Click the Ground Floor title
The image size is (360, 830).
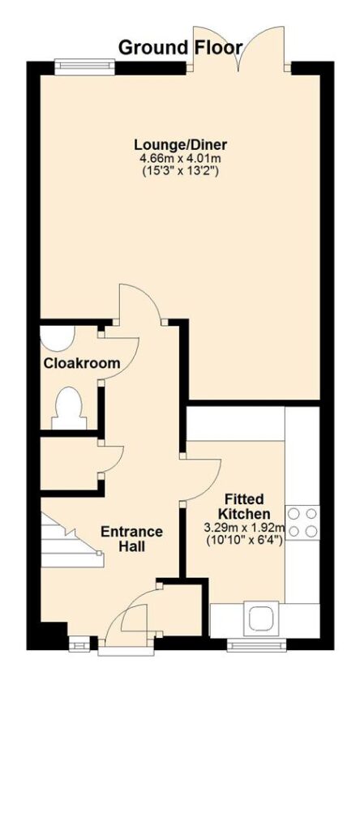click(x=181, y=48)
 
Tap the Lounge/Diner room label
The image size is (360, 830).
click(x=181, y=144)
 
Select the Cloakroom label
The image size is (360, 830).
click(x=82, y=364)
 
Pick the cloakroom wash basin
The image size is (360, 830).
click(x=58, y=338)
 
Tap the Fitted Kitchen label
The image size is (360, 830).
click(x=245, y=506)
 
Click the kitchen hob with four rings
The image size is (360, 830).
click(x=302, y=522)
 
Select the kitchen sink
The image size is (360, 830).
click(x=261, y=618)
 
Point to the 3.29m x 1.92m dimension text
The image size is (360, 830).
click(x=245, y=528)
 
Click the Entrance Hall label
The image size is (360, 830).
click(x=132, y=539)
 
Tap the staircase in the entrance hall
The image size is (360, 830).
click(x=72, y=539)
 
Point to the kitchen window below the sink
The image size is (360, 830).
click(x=257, y=644)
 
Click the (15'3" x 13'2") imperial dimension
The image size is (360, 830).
click(x=181, y=170)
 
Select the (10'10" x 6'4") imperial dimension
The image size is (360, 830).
click(x=245, y=540)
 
